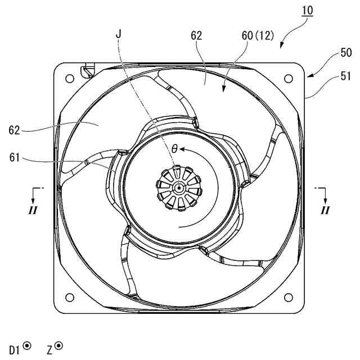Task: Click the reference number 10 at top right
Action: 308,11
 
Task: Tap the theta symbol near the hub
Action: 174,149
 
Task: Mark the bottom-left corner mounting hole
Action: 70,297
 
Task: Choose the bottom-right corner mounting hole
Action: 290,297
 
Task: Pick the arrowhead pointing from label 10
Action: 282,46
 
